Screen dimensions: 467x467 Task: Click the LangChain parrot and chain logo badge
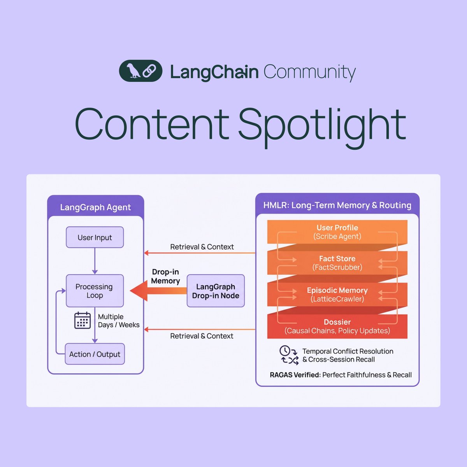[x=140, y=71]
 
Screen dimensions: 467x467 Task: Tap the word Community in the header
[x=309, y=72]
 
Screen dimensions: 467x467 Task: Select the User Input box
[x=95, y=237]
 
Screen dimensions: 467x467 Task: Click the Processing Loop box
[x=95, y=291]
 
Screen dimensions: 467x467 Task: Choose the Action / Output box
[x=95, y=354]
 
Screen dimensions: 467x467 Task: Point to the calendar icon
[x=83, y=320]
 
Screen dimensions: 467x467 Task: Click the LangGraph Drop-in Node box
[x=216, y=291]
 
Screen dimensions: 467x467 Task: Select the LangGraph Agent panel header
[x=95, y=207]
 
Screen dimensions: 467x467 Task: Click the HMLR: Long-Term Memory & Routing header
[x=337, y=205]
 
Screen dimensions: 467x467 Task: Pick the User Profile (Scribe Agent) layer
[x=337, y=232]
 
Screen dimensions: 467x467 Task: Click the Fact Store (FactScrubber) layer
[x=337, y=263]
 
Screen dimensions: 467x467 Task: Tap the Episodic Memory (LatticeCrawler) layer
[x=337, y=295]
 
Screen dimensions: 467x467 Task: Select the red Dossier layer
[x=337, y=326]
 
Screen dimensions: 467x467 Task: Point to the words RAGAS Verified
[x=295, y=375]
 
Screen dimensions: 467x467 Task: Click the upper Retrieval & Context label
[x=202, y=247]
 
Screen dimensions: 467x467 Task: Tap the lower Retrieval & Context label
[x=202, y=336]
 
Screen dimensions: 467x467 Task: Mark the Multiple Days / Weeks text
[x=118, y=321]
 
